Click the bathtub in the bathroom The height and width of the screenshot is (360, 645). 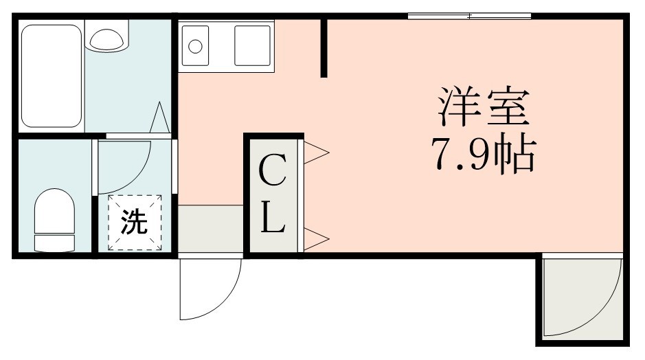[52, 76]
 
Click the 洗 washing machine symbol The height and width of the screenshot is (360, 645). [134, 221]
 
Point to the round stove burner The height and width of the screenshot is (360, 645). [196, 47]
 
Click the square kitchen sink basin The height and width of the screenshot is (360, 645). [252, 45]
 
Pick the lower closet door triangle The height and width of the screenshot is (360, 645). [316, 239]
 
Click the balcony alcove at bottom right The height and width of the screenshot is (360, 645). [580, 297]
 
